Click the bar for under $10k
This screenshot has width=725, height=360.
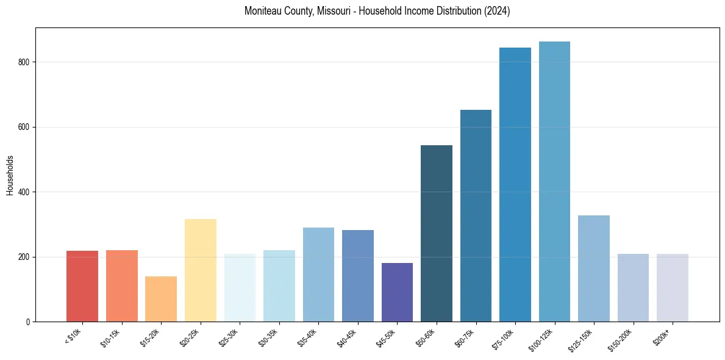tap(82, 286)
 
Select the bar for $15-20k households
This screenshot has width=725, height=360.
tap(161, 299)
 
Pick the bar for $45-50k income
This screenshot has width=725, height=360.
tap(397, 292)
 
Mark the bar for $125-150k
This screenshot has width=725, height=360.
tap(594, 268)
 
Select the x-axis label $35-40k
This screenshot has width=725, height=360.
tap(309, 337)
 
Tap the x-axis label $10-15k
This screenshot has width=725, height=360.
tap(112, 337)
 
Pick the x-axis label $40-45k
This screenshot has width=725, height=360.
tap(348, 337)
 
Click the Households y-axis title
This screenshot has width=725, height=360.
tap(10, 175)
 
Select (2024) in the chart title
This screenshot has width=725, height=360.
tap(497, 11)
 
